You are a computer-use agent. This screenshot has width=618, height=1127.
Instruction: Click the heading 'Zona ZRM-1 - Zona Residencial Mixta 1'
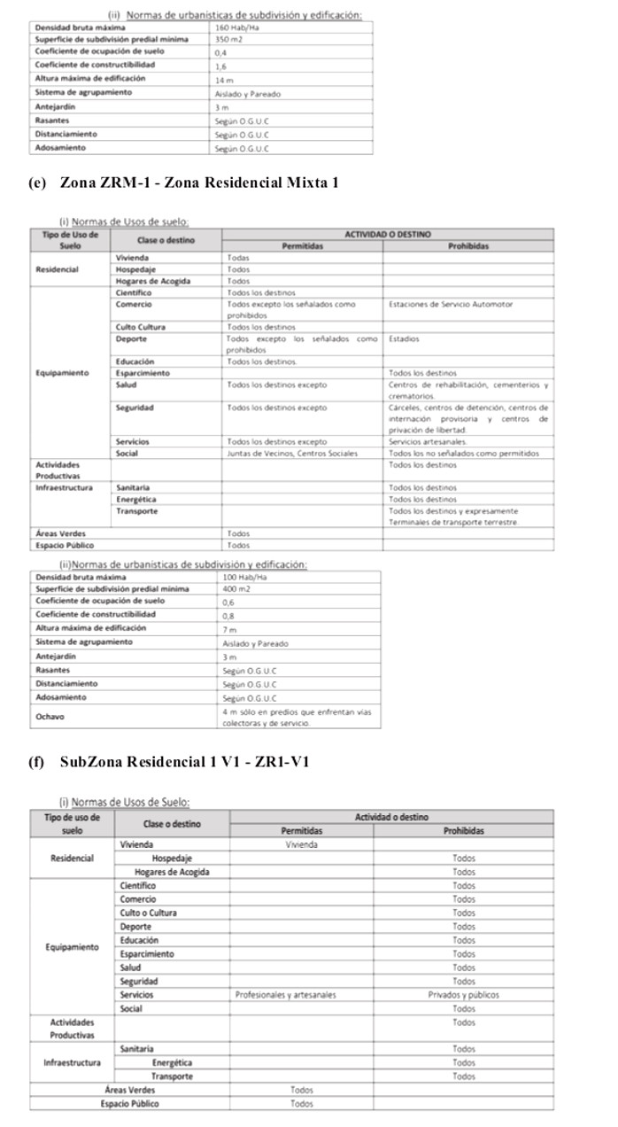pyautogui.click(x=199, y=183)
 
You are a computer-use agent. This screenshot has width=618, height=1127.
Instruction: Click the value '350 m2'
pyautogui.click(x=228, y=40)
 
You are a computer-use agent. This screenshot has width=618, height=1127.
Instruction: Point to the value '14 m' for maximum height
pyautogui.click(x=223, y=80)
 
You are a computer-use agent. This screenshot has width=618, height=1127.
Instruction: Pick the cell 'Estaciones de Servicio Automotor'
pyautogui.click(x=450, y=304)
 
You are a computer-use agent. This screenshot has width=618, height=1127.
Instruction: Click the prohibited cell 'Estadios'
pyautogui.click(x=404, y=338)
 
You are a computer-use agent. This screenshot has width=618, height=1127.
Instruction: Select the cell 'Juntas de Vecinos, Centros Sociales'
pyautogui.click(x=292, y=453)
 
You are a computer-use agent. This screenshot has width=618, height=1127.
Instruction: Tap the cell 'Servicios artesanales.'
pyautogui.click(x=429, y=441)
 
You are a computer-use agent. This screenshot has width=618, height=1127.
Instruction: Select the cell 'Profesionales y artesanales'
pyautogui.click(x=285, y=995)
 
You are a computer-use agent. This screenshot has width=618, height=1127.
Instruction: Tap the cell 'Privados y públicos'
pyautogui.click(x=463, y=995)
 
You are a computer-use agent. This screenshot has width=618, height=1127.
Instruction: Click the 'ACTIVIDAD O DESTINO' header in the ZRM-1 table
pyautogui.click(x=388, y=234)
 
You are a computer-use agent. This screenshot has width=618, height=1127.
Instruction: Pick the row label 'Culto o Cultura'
pyautogui.click(x=148, y=913)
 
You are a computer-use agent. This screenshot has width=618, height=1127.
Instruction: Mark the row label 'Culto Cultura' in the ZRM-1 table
pyautogui.click(x=140, y=327)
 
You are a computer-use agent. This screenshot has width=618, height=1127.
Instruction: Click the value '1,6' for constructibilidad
pyautogui.click(x=220, y=66)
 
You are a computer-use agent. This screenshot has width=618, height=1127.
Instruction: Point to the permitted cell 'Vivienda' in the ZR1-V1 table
pyautogui.click(x=301, y=845)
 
